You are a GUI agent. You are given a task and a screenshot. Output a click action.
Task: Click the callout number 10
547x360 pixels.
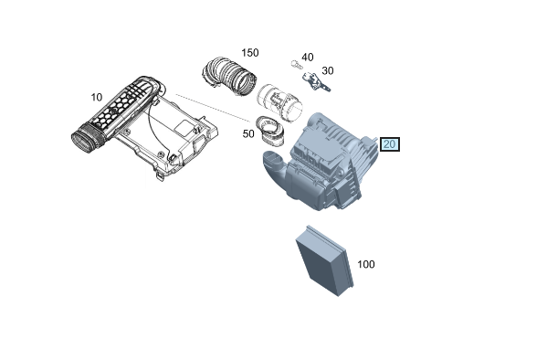tap(97, 97)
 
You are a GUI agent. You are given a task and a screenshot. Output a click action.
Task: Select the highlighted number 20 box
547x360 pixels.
tap(389, 144)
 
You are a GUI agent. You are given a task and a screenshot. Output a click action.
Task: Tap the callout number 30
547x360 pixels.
tap(328, 70)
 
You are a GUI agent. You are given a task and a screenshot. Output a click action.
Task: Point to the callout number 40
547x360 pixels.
tap(308, 57)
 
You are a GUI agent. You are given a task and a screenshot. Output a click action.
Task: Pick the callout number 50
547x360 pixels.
tap(248, 133)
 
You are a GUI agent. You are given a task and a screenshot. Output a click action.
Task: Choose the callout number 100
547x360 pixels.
tap(366, 264)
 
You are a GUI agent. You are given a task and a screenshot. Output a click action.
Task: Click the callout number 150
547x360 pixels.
tap(250, 53)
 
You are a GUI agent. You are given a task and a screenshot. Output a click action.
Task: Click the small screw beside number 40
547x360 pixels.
tap(295, 64)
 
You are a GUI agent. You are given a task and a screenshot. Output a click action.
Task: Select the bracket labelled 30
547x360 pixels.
tap(316, 81)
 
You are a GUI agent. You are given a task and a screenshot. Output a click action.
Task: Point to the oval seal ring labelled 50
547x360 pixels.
tap(270, 131)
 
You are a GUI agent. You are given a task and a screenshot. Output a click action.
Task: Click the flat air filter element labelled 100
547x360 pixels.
tap(325, 260)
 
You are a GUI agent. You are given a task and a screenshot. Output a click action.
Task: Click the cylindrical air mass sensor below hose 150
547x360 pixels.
tap(279, 103)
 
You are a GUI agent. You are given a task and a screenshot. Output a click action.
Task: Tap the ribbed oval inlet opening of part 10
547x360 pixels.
tap(84, 139)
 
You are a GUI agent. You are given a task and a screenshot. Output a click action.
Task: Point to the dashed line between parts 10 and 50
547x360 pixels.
tap(213, 108)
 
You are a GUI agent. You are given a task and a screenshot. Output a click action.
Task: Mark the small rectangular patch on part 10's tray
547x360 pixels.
tap(184, 127)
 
